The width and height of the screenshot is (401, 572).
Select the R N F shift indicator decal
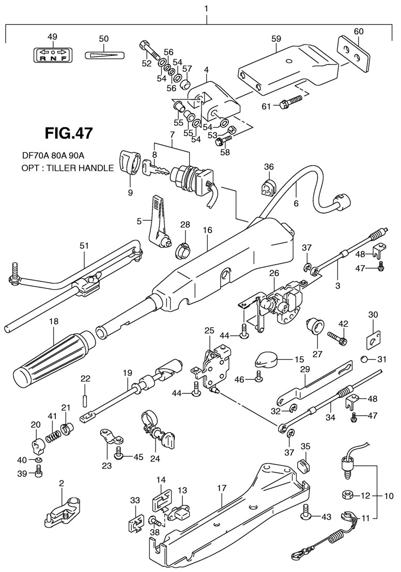coord(53,55)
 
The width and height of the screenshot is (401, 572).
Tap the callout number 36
coord(269,166)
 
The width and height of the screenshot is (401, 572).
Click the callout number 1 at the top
coord(206,9)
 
